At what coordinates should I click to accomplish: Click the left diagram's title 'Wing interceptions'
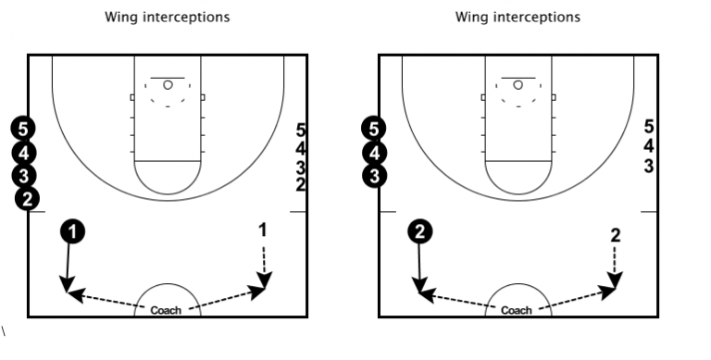click(168, 17)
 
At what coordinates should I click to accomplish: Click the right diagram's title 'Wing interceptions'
click(518, 17)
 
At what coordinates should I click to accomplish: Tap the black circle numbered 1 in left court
click(73, 231)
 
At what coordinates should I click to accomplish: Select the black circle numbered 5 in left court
click(25, 129)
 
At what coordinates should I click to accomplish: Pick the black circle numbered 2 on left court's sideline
click(29, 198)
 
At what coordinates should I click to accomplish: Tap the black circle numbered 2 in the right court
click(421, 231)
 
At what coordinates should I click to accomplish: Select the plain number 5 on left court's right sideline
click(300, 130)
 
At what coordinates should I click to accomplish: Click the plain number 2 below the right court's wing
click(615, 234)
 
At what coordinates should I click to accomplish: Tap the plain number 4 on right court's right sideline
click(649, 146)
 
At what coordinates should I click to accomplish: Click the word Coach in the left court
click(166, 311)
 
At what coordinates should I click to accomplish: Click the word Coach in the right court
click(516, 311)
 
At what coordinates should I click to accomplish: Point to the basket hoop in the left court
click(168, 85)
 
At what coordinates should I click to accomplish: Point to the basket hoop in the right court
click(518, 85)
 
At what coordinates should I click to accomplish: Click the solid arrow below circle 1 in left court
click(69, 268)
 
